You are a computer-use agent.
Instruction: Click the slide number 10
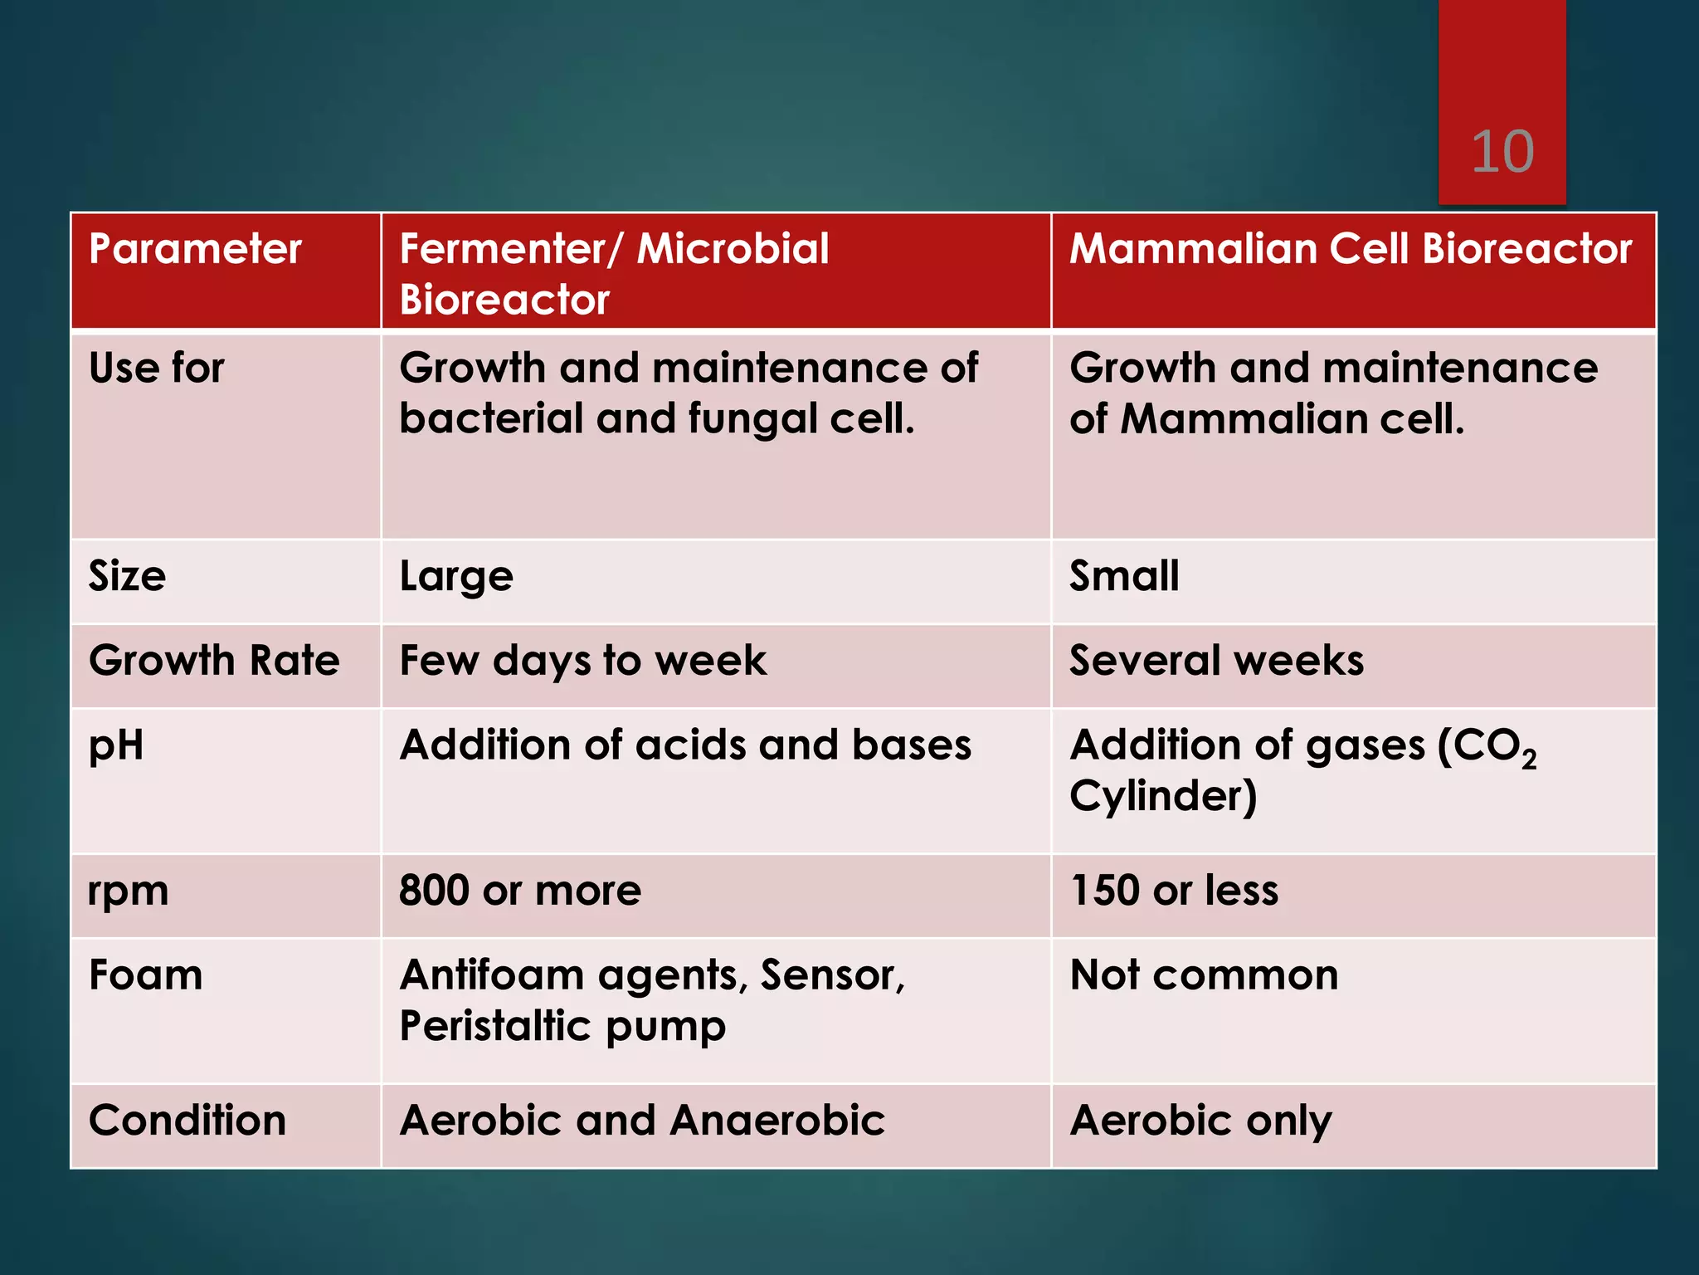pos(1502,152)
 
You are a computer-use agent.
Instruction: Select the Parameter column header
pos(195,249)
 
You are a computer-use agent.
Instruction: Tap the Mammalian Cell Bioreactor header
pos(1351,249)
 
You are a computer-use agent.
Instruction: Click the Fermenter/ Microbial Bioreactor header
pos(614,273)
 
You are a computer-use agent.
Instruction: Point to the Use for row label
pos(157,368)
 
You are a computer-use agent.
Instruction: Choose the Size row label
pos(127,576)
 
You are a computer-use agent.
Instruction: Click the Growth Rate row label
pos(214,661)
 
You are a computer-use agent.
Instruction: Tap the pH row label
pos(116,745)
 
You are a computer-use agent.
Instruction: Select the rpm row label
pos(129,892)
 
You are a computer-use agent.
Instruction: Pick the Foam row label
pos(146,975)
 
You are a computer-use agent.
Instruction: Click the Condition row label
pos(187,1121)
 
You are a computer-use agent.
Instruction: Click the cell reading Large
pos(456,576)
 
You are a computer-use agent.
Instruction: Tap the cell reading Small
pos(1124,576)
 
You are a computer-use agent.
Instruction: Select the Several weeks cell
pos(1216,661)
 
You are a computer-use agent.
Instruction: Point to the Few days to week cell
pos(583,661)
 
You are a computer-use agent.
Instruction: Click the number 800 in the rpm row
pos(434,891)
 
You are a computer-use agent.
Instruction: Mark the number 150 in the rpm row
pos(1104,891)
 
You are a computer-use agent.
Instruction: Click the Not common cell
pos(1204,975)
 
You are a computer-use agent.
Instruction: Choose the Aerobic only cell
pos(1200,1121)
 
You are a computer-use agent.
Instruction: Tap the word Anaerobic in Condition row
pos(777,1121)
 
